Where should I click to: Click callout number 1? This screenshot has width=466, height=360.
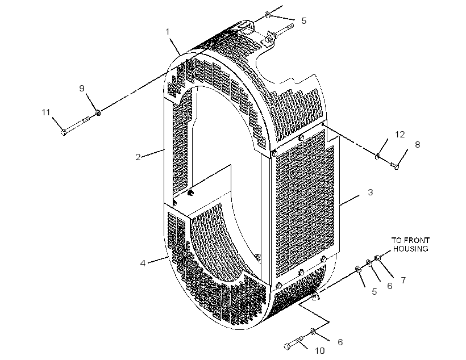(x=168, y=32)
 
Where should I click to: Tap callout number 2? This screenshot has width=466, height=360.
(x=138, y=157)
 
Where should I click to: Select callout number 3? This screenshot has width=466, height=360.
(x=370, y=192)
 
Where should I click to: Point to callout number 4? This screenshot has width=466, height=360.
(x=143, y=263)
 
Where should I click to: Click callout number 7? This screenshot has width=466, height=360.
(x=403, y=280)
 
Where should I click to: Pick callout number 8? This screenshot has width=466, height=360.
(x=417, y=145)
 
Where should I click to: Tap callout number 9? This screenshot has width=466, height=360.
(x=82, y=88)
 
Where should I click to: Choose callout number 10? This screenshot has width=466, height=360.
(x=320, y=351)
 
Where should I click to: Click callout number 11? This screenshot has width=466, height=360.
(x=46, y=112)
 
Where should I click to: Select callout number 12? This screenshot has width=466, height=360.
(x=400, y=134)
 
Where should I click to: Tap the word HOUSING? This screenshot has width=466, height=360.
(x=410, y=249)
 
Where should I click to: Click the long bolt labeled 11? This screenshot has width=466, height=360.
(x=76, y=125)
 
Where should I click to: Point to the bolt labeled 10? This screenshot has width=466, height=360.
(x=294, y=343)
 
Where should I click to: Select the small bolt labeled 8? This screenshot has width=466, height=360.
(x=394, y=166)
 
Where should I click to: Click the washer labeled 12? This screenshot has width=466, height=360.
(x=377, y=156)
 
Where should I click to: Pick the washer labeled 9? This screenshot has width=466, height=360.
(x=98, y=113)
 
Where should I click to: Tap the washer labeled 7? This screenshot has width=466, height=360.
(x=377, y=258)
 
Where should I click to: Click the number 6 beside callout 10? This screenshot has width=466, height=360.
(x=340, y=342)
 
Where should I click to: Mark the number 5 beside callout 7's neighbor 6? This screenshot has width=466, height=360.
(x=374, y=292)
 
